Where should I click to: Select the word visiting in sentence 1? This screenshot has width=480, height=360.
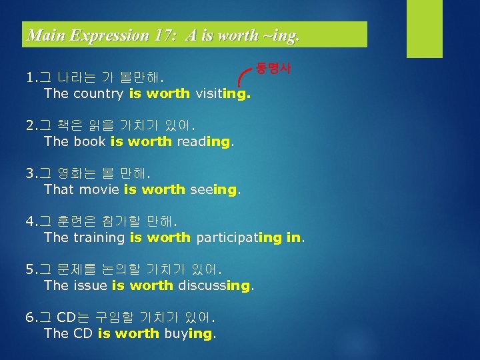[x=223, y=93]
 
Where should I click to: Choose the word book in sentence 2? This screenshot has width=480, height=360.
[x=89, y=141]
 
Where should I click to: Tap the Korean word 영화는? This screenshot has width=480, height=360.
[x=77, y=174]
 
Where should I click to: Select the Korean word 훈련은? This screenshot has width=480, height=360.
[x=77, y=222]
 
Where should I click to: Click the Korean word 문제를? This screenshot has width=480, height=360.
[x=77, y=270]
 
